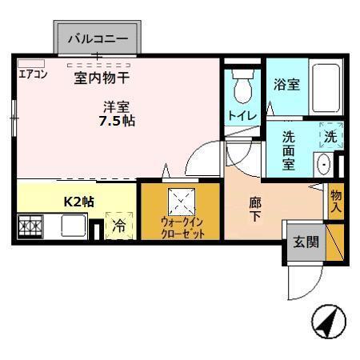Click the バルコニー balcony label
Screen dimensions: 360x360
point(96,38)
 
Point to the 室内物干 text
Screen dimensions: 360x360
point(102,78)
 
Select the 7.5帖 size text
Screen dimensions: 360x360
point(117,120)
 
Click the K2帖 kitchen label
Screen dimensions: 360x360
point(79,201)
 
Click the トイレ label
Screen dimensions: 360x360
point(242,115)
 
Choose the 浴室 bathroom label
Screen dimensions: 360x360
point(286,84)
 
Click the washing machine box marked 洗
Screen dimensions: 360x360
point(330,136)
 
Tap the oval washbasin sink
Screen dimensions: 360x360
point(325,166)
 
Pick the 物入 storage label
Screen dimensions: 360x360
point(336,200)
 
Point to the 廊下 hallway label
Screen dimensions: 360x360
point(254,210)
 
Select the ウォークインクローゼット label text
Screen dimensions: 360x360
point(182,228)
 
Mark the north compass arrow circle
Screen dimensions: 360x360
point(327,322)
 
